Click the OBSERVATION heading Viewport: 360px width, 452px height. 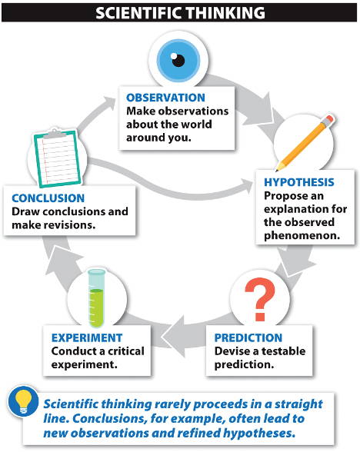click(165, 98)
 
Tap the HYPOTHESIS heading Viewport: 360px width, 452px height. click(299, 182)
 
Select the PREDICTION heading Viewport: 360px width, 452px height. click(248, 337)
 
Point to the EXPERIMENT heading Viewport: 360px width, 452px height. click(87, 337)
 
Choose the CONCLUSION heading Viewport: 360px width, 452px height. click(48, 198)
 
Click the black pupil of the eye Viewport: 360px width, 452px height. click(178, 61)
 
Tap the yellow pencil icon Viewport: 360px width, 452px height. click(305, 143)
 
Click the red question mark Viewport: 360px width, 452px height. click(260, 299)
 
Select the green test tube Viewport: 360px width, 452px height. click(96, 298)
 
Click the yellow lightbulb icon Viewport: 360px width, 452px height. click(23, 401)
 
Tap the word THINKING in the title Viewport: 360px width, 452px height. click(225, 13)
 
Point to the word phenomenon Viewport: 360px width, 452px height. click(302, 235)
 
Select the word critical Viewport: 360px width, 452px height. click(126, 351)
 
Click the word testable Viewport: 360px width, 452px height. click(283, 351)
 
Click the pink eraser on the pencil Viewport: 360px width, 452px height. click(330, 119)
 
